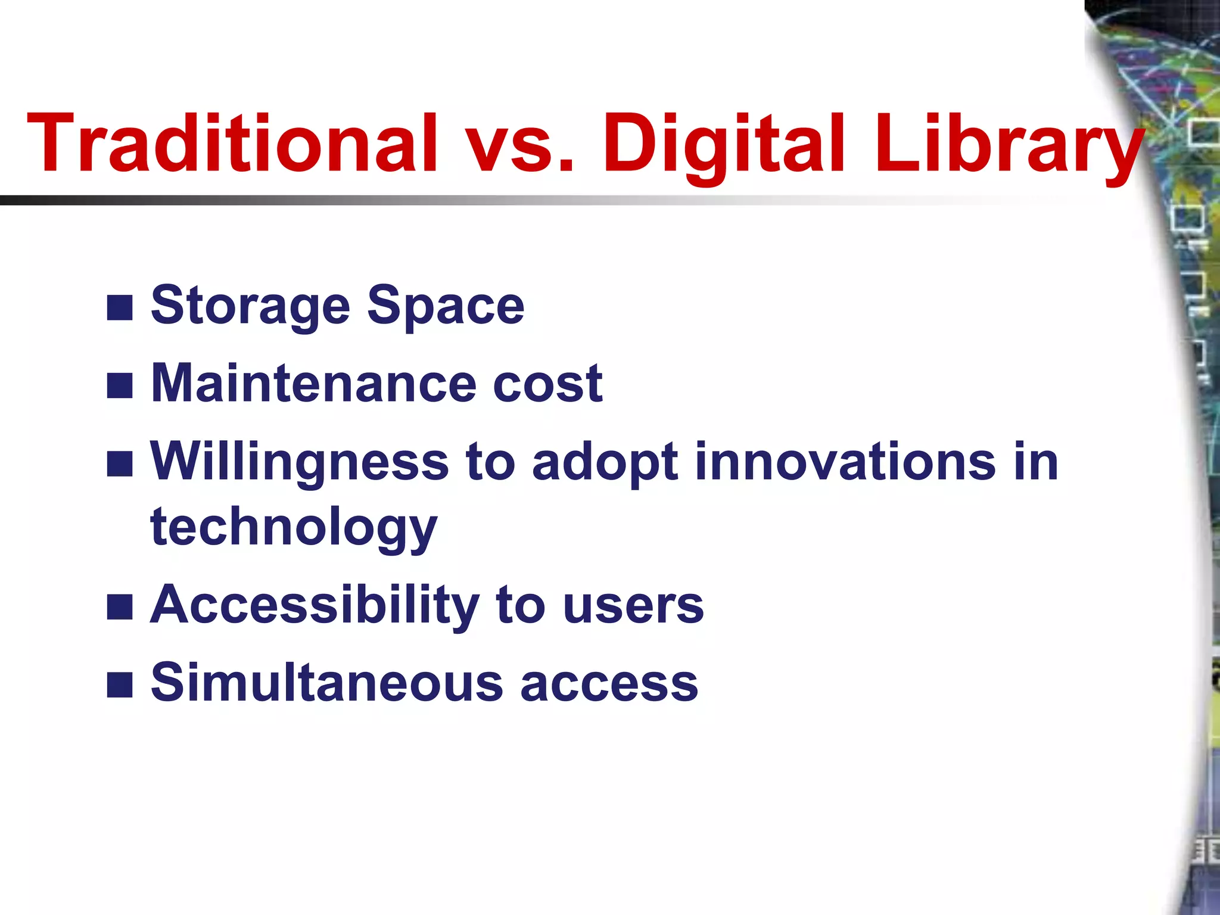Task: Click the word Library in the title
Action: pyautogui.click(x=1007, y=144)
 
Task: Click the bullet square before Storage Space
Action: pyautogui.click(x=120, y=308)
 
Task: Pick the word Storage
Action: pyautogui.click(x=250, y=306)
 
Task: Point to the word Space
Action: pyautogui.click(x=446, y=306)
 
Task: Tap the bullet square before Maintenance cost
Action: pyautogui.click(x=120, y=385)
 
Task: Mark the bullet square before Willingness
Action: pyautogui.click(x=120, y=464)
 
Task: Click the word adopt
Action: pyautogui.click(x=605, y=462)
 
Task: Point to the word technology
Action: pyautogui.click(x=294, y=528)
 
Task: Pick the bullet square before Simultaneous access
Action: pyautogui.click(x=120, y=684)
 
